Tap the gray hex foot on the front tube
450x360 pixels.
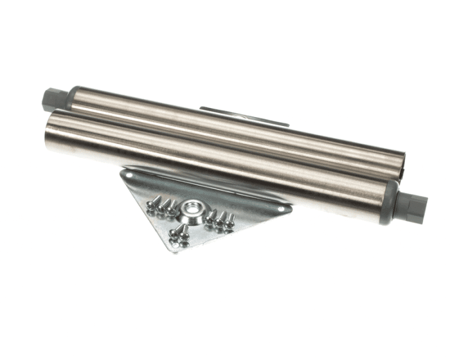pos(412,206)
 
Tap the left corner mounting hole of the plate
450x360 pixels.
pos(131,174)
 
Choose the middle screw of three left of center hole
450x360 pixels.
pos(161,206)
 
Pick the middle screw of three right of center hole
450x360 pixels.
pos(221,220)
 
